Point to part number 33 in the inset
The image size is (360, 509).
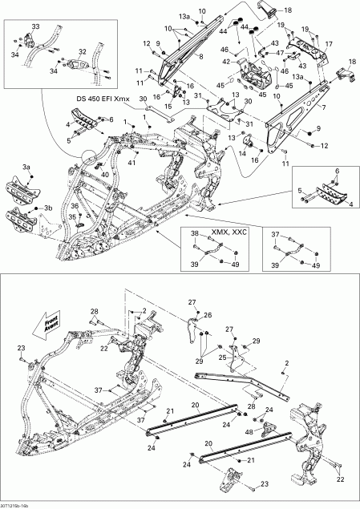tap(34, 27)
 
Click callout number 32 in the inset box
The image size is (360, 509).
tap(81, 50)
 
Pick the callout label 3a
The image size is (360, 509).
tap(26, 166)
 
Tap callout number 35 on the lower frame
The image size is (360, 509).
tap(71, 216)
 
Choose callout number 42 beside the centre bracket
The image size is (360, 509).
tap(226, 61)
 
